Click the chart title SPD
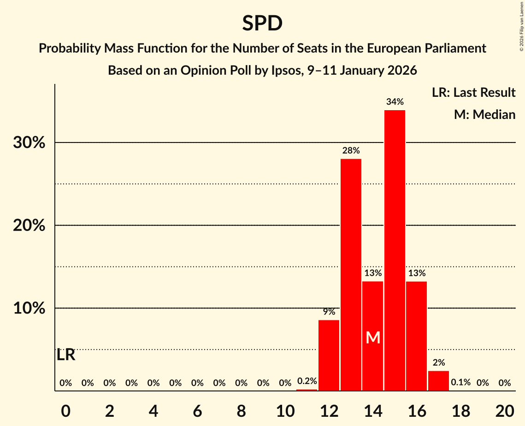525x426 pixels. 262,23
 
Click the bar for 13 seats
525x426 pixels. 351,275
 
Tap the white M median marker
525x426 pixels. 373,338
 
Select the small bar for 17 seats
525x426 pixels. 438,381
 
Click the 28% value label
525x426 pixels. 351,150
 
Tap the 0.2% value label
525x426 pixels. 307,381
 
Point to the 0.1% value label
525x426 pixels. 460,383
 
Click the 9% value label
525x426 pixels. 329,312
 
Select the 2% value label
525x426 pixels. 438,363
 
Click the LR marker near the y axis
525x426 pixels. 66,355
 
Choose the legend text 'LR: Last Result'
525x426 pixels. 473,93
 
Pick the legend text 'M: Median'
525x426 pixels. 484,115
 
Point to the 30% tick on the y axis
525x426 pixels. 29,143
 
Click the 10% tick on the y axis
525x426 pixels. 29,308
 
